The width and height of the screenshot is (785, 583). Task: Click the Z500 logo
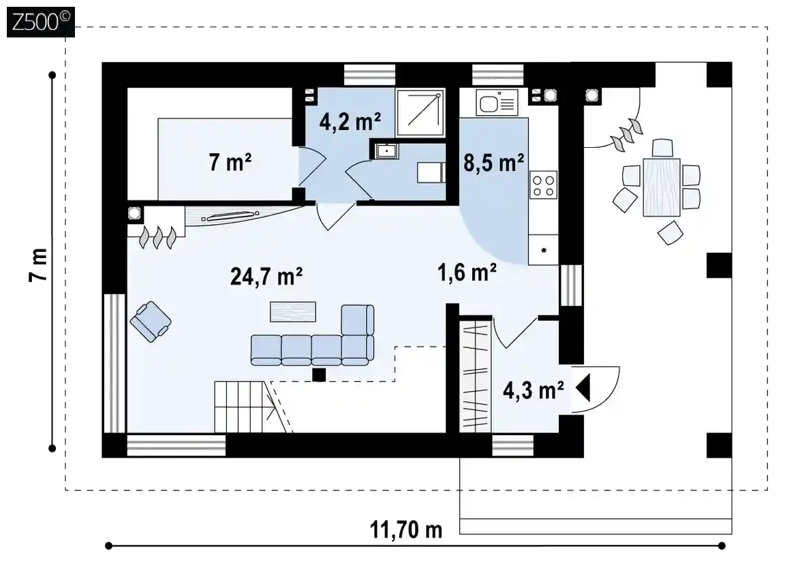coord(41,22)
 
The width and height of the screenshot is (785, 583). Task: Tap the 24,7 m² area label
coord(266,277)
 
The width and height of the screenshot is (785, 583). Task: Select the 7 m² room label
coord(230,163)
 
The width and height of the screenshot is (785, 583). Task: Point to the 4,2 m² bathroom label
coord(350,122)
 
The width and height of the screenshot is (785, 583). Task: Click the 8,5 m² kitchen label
coord(493,163)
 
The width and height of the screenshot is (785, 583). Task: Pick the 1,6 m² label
coord(467,272)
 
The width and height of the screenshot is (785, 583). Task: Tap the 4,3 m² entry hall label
coord(534,390)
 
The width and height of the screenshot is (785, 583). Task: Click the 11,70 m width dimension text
coord(406,529)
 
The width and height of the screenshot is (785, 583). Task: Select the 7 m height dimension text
coord(39,265)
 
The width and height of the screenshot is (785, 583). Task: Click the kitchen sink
coord(497,103)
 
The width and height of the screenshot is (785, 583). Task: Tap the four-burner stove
coord(543,185)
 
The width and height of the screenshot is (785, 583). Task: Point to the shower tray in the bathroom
coord(420,113)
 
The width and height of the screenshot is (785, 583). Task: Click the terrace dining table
coord(662,187)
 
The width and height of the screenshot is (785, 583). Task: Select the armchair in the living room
coord(150,321)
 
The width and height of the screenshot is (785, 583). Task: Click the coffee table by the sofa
coord(293,311)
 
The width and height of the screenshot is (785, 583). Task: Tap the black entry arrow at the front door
coord(583,388)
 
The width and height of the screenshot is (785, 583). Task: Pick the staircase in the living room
coord(240,407)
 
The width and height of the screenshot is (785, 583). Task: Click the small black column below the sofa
coord(319,375)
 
